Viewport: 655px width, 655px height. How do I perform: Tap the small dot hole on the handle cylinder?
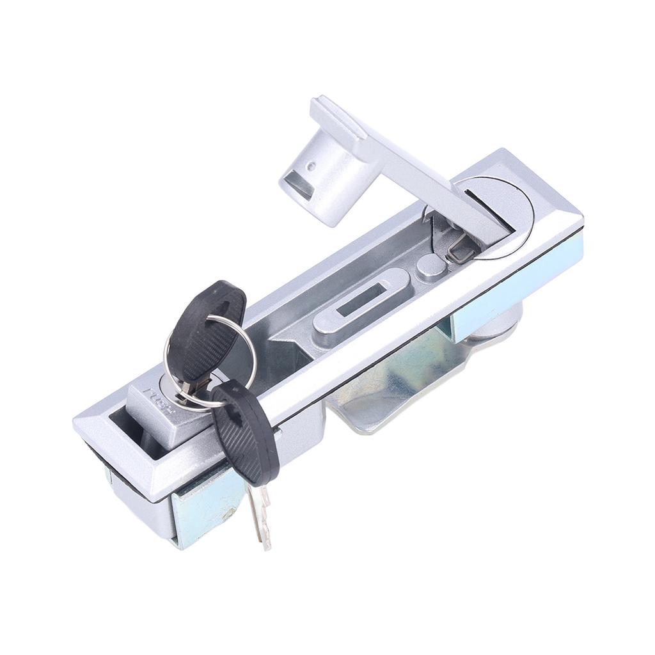[x=310, y=166]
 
